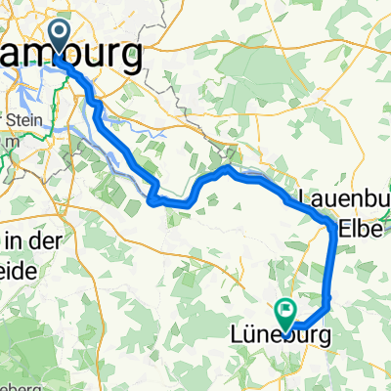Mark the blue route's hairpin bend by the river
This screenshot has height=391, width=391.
pos(154,198)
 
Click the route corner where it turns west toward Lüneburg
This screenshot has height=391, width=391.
pos(327,298)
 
